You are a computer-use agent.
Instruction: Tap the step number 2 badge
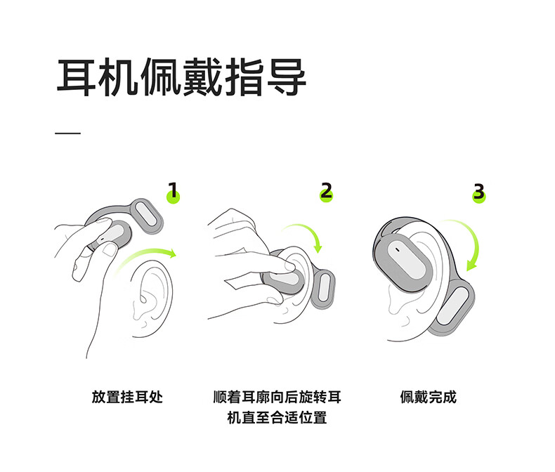pyautogui.click(x=327, y=192)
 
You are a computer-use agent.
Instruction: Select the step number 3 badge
pyautogui.click(x=479, y=193)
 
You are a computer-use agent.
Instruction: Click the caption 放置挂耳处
pyautogui.click(x=127, y=397)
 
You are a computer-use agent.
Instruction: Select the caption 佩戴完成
pyautogui.click(x=429, y=397)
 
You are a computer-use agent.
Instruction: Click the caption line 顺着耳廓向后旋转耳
pyautogui.click(x=277, y=397)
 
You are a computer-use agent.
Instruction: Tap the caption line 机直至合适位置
pyautogui.click(x=277, y=417)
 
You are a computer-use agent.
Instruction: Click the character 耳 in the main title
pyautogui.click(x=76, y=77)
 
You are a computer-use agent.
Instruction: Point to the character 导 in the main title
pyautogui.click(x=287, y=77)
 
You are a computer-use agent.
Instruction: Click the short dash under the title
pyautogui.click(x=67, y=133)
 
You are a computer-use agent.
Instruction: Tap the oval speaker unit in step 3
pyautogui.click(x=403, y=259)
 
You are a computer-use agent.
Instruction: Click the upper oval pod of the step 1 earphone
pyautogui.click(x=147, y=216)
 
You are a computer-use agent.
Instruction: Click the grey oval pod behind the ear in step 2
pyautogui.click(x=323, y=289)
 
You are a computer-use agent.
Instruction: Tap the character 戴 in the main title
pyautogui.click(x=202, y=77)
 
